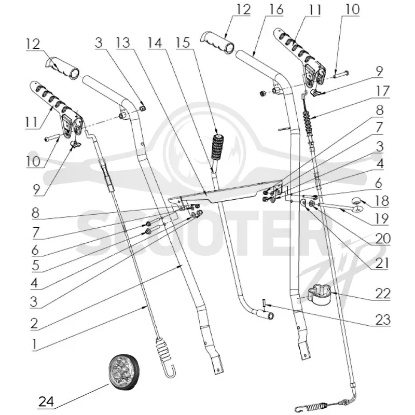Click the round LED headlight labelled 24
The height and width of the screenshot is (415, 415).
(124, 372)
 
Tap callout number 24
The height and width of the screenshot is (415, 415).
(47, 402)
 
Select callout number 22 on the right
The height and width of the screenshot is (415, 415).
(383, 294)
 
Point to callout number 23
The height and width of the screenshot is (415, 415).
(383, 320)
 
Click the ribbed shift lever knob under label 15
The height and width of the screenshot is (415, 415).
(217, 147)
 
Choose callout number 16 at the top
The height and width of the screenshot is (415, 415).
(275, 9)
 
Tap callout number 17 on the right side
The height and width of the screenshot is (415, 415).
(383, 91)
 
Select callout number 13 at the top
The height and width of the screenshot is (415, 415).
(123, 43)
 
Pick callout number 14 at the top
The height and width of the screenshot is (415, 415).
(155, 43)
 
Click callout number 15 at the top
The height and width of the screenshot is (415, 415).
(183, 43)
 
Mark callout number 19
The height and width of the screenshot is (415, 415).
(382, 218)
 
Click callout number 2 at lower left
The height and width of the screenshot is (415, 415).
(34, 323)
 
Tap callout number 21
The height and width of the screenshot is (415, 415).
(382, 264)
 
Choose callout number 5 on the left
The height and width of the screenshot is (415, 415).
(35, 266)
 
